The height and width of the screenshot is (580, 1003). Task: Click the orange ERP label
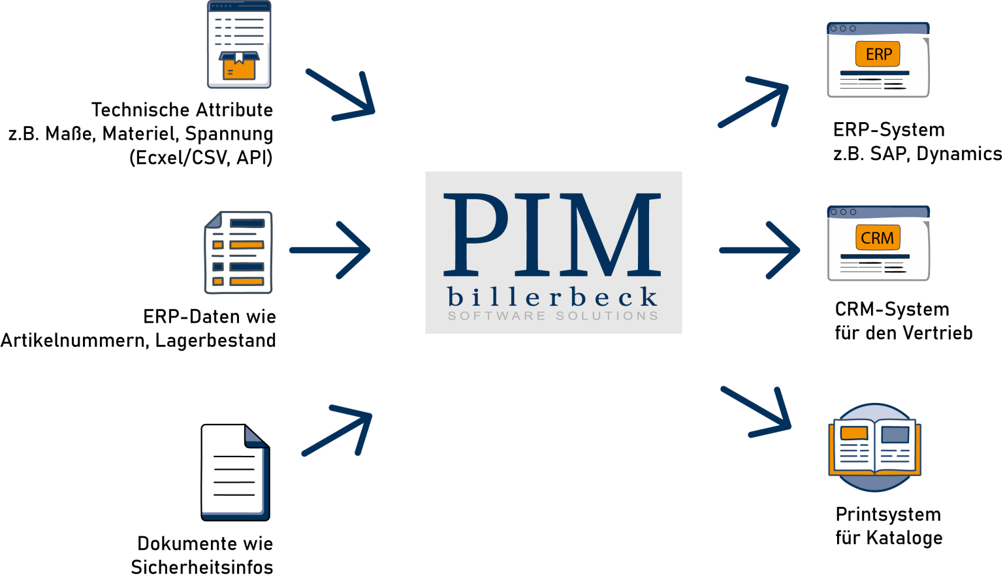click(878, 54)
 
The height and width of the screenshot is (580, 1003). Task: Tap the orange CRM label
click(878, 238)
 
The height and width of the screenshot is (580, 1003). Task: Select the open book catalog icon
click(874, 447)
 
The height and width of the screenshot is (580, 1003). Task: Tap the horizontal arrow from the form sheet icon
click(330, 250)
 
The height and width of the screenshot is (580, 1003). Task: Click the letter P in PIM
click(476, 233)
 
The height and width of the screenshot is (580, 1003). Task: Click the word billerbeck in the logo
click(552, 298)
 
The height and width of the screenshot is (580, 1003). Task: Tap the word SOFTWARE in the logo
click(496, 316)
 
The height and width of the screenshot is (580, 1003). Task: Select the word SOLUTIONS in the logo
click(607, 316)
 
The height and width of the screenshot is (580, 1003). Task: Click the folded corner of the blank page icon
click(255, 436)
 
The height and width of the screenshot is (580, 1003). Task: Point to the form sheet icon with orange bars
click(238, 252)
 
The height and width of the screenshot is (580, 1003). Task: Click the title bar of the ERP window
click(878, 29)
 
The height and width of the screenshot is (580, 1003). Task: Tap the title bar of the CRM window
click(878, 212)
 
